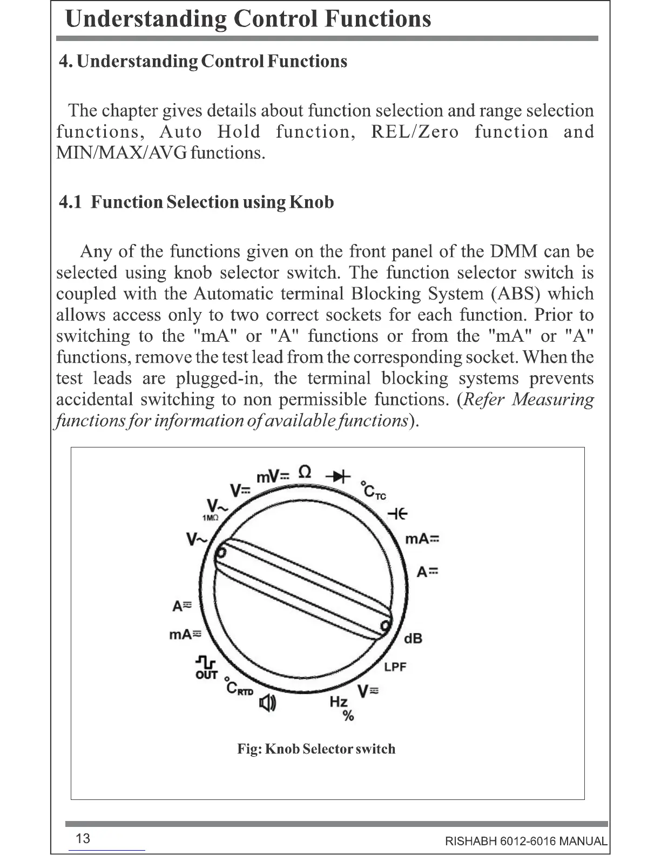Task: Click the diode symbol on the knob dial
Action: (339, 476)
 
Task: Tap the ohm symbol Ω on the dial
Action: (305, 472)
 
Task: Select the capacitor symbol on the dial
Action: (397, 514)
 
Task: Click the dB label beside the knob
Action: (413, 639)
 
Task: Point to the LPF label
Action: (395, 667)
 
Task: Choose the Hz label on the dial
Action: (339, 702)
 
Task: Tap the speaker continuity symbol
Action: (267, 703)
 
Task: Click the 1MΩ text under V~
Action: (210, 518)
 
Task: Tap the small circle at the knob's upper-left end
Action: (221, 552)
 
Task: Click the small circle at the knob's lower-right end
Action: (385, 626)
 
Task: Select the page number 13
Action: (83, 838)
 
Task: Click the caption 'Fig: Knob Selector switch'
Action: (316, 749)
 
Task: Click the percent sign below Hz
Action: (348, 716)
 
